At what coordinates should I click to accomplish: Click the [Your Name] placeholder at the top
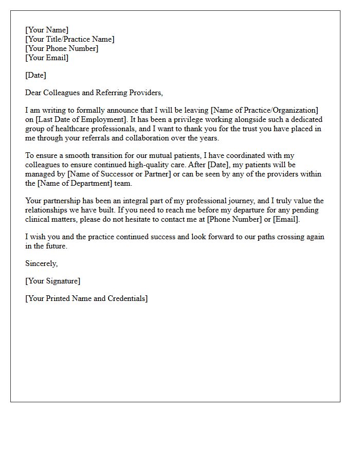(47, 30)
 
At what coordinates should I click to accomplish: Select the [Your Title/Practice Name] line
(70, 39)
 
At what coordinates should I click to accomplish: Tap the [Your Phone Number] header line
(62, 48)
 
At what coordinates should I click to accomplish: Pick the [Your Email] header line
(47, 58)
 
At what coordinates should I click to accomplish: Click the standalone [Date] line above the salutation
(35, 75)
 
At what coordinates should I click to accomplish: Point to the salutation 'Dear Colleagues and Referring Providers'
(94, 93)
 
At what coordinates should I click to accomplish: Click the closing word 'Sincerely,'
(42, 263)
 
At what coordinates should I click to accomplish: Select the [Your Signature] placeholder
(53, 281)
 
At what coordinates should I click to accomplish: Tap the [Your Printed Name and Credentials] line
(86, 298)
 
